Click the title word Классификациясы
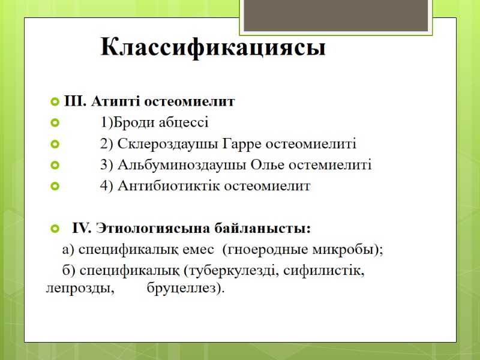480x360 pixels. point(213,47)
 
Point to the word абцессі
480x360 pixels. point(181,124)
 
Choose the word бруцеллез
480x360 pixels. point(184,289)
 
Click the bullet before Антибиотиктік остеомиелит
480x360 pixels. point(56,187)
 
